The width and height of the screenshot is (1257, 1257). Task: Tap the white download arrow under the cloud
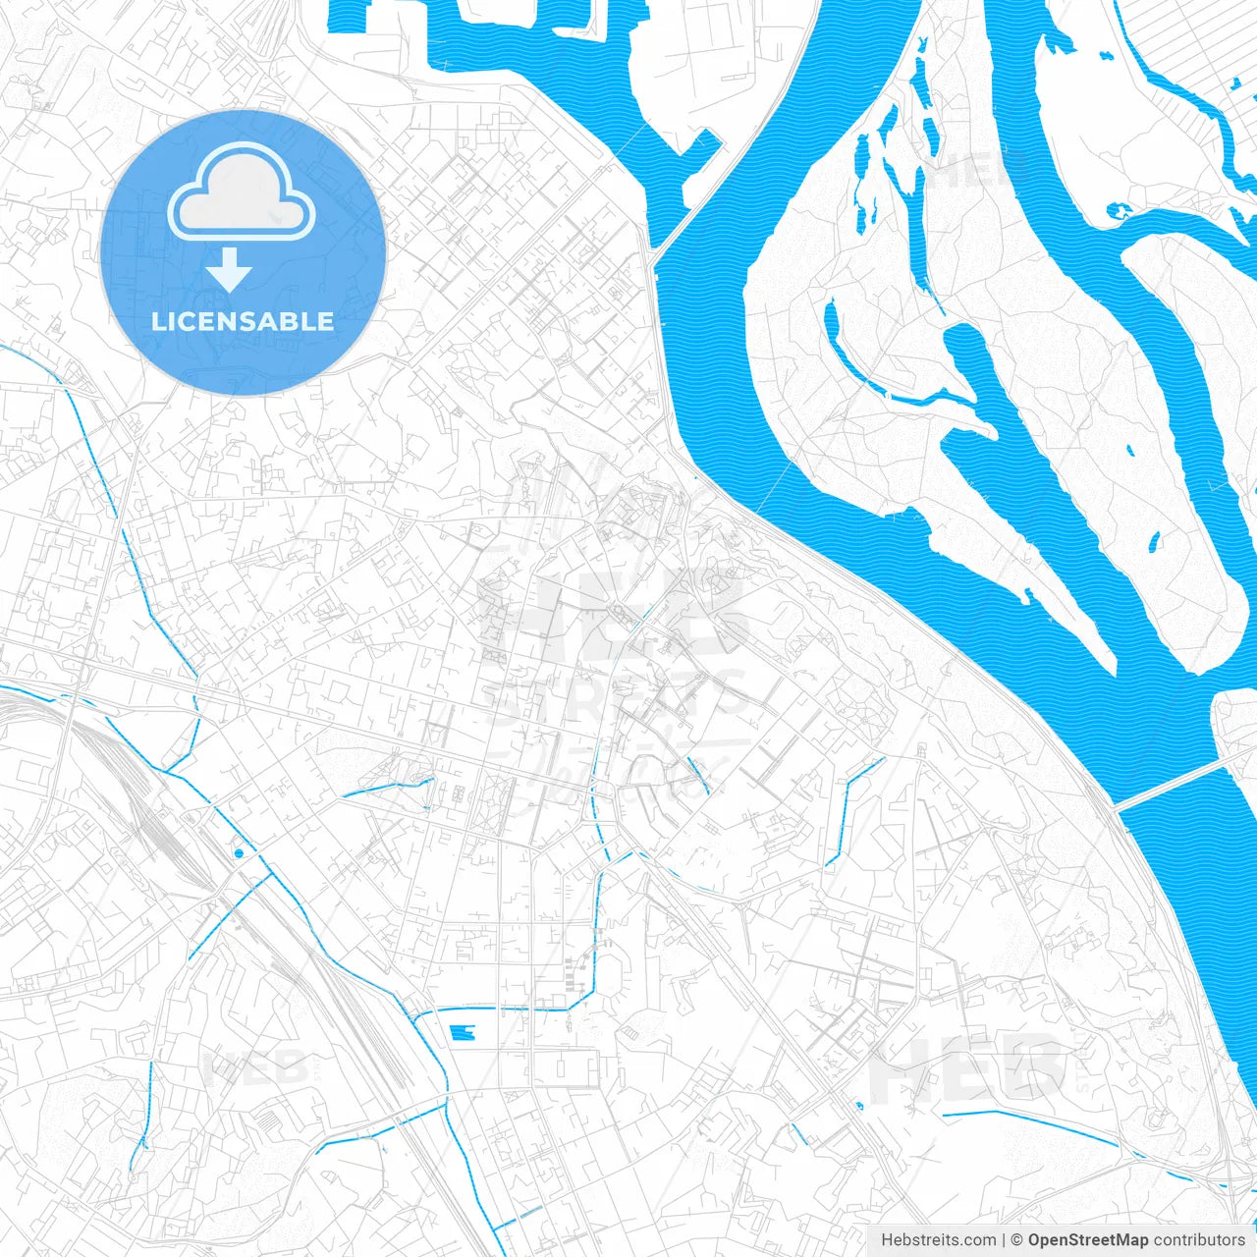[230, 269]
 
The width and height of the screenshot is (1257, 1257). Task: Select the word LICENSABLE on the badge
[243, 321]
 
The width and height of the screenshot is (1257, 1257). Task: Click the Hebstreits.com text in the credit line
[938, 1240]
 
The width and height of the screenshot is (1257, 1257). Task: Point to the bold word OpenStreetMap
[1087, 1240]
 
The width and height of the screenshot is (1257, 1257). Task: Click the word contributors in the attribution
[1199, 1240]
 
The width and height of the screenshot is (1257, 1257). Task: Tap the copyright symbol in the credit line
[1017, 1240]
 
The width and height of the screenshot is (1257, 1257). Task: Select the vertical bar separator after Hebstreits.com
[1004, 1240]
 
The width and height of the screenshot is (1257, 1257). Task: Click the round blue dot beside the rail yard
[239, 853]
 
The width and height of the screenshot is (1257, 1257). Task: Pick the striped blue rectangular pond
[461, 1032]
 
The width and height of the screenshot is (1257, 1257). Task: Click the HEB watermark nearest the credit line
[967, 1070]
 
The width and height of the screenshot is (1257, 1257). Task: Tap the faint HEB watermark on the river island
[982, 172]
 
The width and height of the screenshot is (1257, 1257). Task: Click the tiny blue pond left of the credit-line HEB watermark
[860, 1106]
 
